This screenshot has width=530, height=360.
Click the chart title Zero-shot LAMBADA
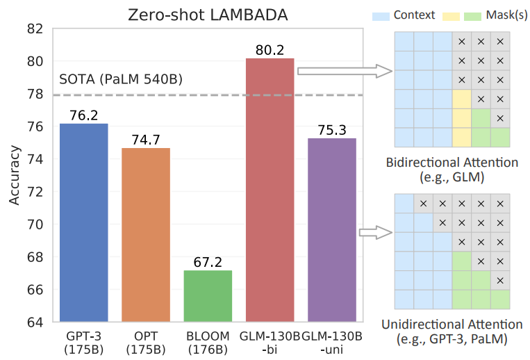208,15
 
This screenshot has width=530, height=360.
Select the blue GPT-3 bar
84,222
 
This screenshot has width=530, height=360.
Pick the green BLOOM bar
208,295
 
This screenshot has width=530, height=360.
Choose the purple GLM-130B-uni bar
331,229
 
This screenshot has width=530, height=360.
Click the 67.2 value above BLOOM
208,262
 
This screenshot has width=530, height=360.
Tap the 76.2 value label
84,115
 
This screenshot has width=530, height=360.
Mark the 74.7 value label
146,140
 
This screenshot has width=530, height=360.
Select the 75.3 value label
331,130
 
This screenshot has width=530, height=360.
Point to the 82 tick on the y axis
35,29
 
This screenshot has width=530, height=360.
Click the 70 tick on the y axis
35,224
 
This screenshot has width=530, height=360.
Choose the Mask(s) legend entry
504,15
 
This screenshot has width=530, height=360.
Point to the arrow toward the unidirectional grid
375,232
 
